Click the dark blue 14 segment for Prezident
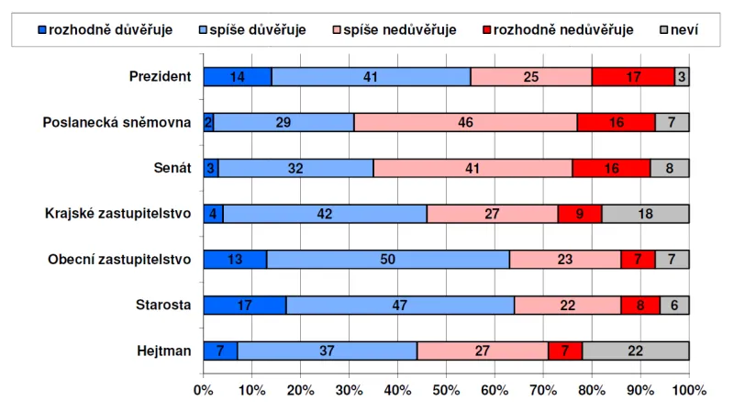(x=237, y=77)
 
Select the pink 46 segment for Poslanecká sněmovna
(x=465, y=122)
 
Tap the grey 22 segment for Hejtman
(x=635, y=351)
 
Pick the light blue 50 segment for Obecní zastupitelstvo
(x=388, y=260)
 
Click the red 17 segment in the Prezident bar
(x=633, y=77)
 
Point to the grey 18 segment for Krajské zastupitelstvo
(x=645, y=214)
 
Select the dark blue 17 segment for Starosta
(x=244, y=305)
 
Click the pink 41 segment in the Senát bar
(x=473, y=168)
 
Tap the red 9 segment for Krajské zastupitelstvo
(x=580, y=214)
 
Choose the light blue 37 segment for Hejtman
(x=327, y=351)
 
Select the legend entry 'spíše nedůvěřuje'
(x=394, y=29)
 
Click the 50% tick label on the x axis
(x=446, y=390)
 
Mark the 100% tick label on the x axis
(x=689, y=390)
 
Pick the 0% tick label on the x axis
(x=203, y=390)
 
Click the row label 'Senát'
(x=172, y=168)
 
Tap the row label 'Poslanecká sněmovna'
(x=117, y=122)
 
